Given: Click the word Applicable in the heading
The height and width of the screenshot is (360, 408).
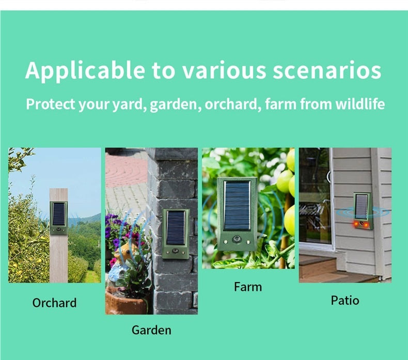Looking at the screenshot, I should click(x=86, y=71).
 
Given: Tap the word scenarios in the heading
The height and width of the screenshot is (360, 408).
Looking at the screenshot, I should click(x=326, y=71).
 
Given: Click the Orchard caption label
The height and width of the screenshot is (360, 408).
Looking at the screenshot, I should click(x=54, y=303).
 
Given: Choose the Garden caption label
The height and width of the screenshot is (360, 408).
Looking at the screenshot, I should click(x=151, y=330).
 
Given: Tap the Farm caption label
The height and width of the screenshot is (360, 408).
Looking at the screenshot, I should click(x=248, y=287).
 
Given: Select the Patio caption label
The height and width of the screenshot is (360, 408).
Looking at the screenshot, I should click(x=345, y=300).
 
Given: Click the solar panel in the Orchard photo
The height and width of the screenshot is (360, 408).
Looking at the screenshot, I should click(x=59, y=214).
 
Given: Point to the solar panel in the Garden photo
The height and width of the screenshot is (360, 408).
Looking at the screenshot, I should click(x=176, y=227).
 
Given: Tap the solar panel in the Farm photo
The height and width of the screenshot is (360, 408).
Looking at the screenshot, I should click(x=237, y=206).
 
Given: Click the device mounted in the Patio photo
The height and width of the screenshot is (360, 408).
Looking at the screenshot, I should click(x=363, y=210).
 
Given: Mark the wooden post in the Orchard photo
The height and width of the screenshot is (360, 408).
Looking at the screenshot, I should click(x=58, y=258).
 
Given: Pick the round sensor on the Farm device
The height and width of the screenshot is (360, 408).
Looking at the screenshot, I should click(x=237, y=240).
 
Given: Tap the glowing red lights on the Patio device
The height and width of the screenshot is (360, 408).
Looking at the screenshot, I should click(x=363, y=225).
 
